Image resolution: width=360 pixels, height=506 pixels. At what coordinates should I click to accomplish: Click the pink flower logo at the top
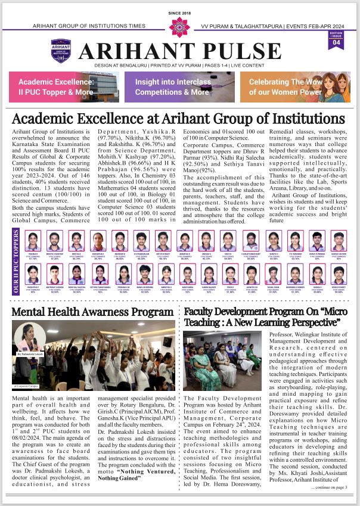pos(179,26)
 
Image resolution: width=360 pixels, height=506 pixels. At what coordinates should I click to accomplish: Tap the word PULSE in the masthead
pos(235,51)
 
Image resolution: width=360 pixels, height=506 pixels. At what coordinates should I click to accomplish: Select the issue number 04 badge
pos(337,42)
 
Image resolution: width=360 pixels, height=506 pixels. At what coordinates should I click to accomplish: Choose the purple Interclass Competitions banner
pos(179,86)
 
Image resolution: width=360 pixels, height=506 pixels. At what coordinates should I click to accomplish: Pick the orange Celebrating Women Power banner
pos(296,86)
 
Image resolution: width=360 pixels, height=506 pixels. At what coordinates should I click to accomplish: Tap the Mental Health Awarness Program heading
pos(92,312)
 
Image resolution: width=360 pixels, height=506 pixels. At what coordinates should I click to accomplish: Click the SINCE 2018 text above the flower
pos(179,12)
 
